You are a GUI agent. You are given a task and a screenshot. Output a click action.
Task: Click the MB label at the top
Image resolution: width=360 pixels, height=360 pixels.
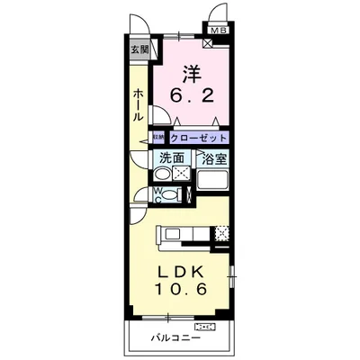pyautogui.click(x=217, y=30)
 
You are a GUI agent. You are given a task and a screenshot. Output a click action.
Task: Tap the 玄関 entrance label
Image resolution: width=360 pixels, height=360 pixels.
pyautogui.click(x=138, y=49)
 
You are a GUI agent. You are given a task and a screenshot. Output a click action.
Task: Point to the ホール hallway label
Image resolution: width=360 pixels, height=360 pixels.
pyautogui.click(x=138, y=105)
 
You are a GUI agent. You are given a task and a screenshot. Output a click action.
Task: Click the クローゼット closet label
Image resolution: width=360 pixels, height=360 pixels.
pyautogui.click(x=198, y=138)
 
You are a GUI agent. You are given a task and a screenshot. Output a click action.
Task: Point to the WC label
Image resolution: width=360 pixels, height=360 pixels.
pyautogui.click(x=158, y=193)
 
